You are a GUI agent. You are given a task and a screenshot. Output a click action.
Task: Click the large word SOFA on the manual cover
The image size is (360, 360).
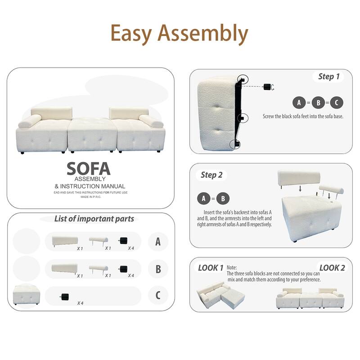point(89,168)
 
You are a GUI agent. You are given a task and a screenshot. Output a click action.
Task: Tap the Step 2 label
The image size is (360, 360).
point(211,175)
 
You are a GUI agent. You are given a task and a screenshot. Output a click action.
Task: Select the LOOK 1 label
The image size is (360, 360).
point(211,268)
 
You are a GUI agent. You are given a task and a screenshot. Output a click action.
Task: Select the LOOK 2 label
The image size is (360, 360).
point(332,268)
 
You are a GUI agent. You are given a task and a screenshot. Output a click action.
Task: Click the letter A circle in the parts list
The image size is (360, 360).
point(158,242)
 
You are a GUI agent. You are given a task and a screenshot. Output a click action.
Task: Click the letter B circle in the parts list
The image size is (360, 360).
point(158,269)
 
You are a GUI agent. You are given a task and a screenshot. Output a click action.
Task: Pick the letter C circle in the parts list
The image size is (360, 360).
point(158,296)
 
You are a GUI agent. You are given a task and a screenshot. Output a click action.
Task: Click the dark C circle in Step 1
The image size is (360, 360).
point(336,103)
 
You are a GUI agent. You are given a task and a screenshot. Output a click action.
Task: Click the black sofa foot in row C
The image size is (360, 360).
point(65,296)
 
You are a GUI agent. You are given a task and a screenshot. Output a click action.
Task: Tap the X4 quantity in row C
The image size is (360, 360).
point(81,303)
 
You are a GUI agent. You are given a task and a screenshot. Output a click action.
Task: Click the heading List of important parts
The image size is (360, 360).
point(94,219)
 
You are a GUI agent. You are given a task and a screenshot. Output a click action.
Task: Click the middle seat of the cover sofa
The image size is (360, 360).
point(91,134)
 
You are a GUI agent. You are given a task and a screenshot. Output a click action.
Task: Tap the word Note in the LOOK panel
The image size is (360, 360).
point(232,267)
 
